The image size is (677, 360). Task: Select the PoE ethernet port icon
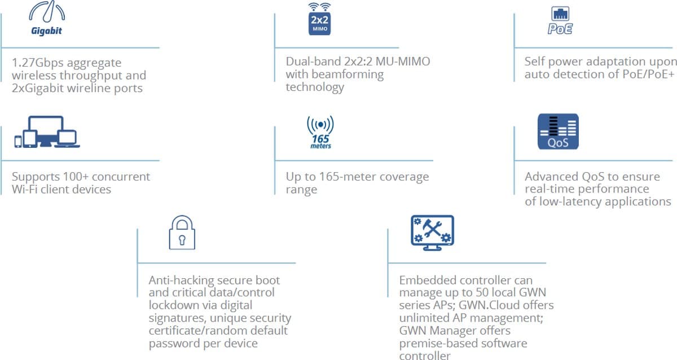point(560,21)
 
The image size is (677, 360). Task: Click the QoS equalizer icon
point(558,132)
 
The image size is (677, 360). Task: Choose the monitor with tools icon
point(432,232)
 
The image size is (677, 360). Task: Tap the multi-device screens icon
point(47,133)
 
